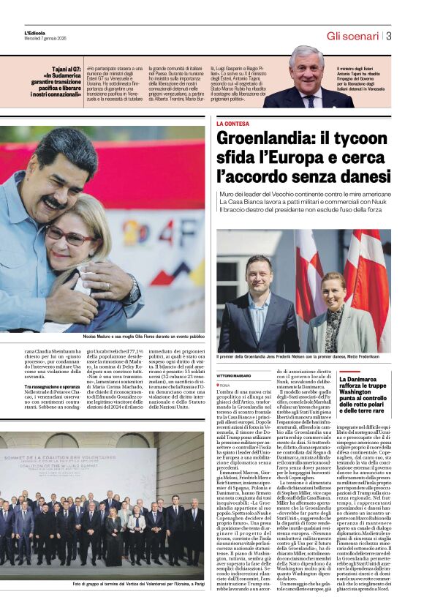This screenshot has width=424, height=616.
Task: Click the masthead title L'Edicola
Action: (34, 33)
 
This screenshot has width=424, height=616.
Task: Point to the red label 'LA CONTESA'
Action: (233, 124)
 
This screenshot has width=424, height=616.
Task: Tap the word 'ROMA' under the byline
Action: (224, 384)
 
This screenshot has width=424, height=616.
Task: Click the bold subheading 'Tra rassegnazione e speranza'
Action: (50, 386)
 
